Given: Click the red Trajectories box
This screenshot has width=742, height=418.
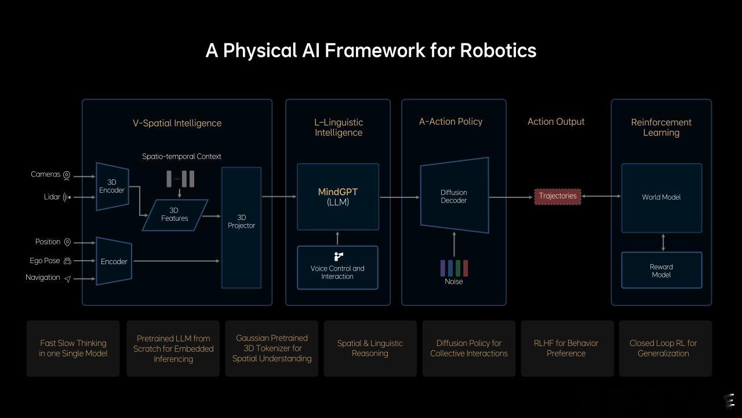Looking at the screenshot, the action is [x=558, y=196].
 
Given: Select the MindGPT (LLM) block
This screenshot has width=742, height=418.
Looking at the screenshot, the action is [x=338, y=197].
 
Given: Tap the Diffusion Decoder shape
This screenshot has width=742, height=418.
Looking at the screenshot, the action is [x=454, y=196].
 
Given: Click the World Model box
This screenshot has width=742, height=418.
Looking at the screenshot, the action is [x=661, y=198].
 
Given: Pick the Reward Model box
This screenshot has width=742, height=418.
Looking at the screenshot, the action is [x=661, y=271].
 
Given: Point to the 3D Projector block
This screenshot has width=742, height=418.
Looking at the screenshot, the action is [x=241, y=228].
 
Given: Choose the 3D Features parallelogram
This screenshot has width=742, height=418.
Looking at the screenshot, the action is [x=175, y=215].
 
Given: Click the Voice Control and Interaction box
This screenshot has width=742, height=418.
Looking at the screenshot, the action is [x=337, y=268].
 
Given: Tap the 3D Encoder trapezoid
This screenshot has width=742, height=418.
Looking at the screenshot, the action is [x=112, y=186].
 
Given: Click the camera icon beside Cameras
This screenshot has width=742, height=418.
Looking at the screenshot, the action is [x=67, y=175].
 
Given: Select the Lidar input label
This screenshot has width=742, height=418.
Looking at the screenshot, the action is [x=52, y=197].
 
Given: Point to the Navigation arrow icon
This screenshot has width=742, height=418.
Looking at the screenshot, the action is [x=68, y=279].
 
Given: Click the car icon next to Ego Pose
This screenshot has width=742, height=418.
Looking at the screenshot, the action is [x=67, y=261].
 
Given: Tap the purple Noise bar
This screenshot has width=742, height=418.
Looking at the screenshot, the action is [x=443, y=268].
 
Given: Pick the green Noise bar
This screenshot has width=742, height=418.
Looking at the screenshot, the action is [x=458, y=268].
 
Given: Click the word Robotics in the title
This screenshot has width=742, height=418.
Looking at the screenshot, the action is [x=498, y=51].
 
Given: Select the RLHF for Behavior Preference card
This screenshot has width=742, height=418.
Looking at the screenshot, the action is [x=567, y=348].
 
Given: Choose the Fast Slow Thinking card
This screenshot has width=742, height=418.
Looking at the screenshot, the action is [x=73, y=348].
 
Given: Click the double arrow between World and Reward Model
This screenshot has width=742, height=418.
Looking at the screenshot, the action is [x=663, y=243].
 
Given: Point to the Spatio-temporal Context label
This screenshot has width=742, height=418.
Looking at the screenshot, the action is [x=181, y=157].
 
